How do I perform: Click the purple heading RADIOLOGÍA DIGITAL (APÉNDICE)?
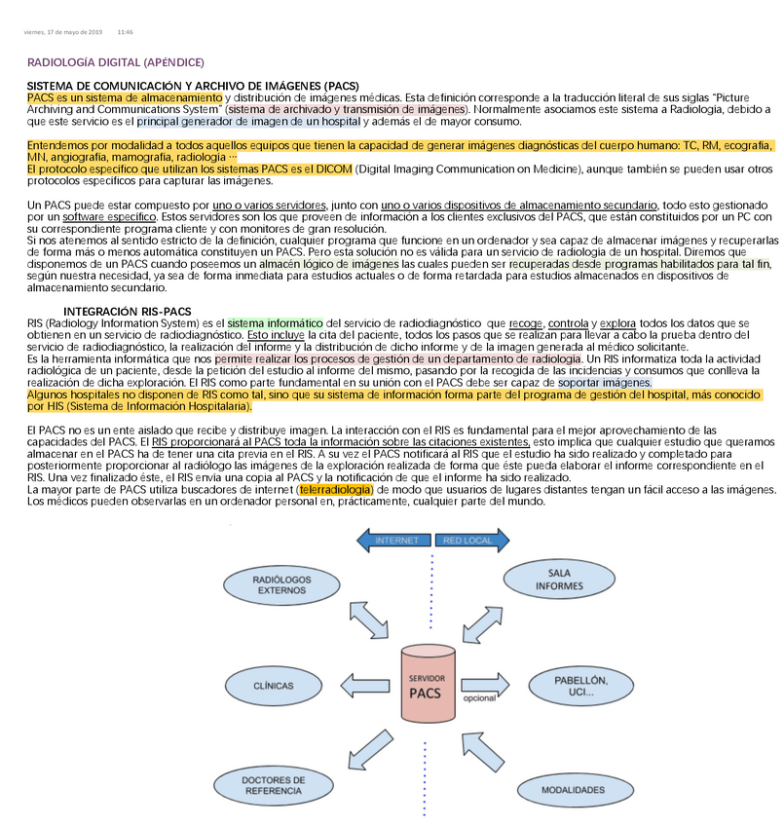116,62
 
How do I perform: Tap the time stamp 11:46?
126,32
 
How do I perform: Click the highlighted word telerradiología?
335,489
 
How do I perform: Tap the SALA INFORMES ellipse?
559,580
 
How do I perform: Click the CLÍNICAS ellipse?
274,686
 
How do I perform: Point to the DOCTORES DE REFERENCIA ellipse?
274,785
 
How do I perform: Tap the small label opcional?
479,698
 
